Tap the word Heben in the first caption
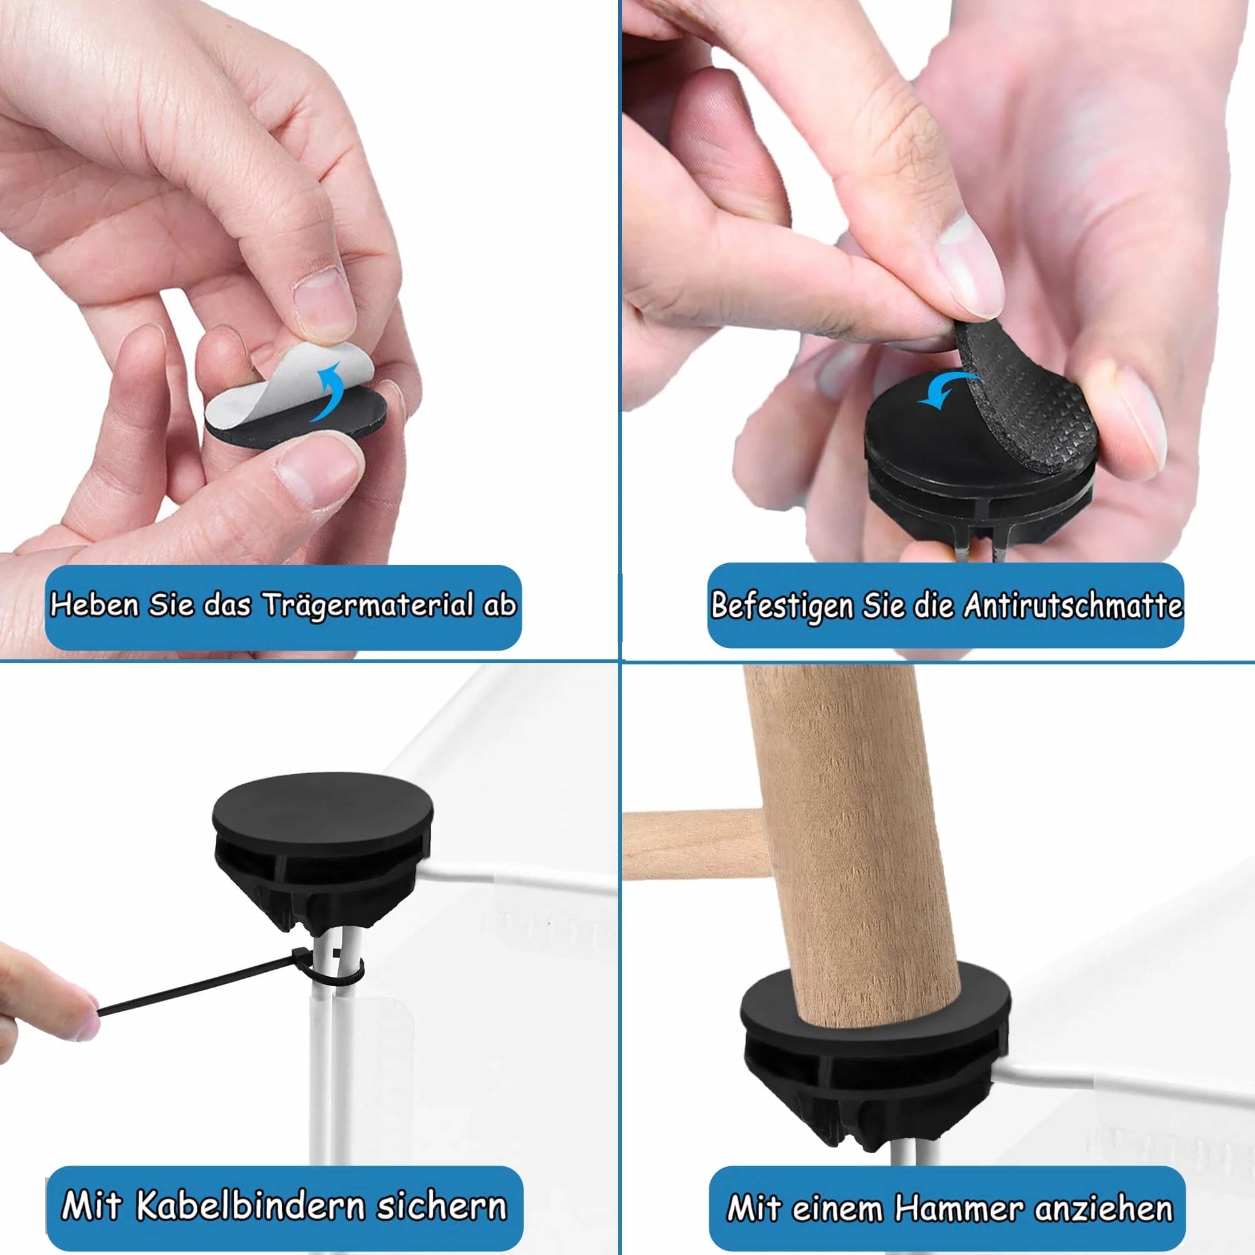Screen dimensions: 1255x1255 pyautogui.click(x=95, y=604)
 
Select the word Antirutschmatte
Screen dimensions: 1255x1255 pyautogui.click(x=1072, y=605)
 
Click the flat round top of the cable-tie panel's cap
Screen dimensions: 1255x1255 pyautogui.click(x=322, y=811)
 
